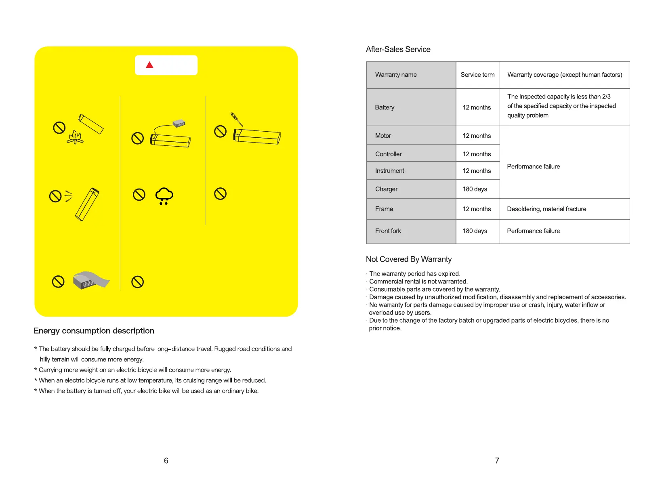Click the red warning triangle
(149, 65)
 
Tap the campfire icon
(75, 137)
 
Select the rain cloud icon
(164, 196)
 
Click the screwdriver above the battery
(237, 120)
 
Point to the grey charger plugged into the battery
(179, 123)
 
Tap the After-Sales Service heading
(398, 49)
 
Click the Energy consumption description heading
(94, 331)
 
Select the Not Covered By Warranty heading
(408, 259)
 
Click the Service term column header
(477, 75)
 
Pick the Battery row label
(385, 107)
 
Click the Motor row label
(383, 136)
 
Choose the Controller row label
(388, 154)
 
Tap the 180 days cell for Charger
(475, 189)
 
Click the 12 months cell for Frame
(477, 209)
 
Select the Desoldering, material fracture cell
(546, 209)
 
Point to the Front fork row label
(388, 231)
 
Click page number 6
(166, 460)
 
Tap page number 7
(497, 460)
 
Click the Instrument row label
(389, 171)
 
